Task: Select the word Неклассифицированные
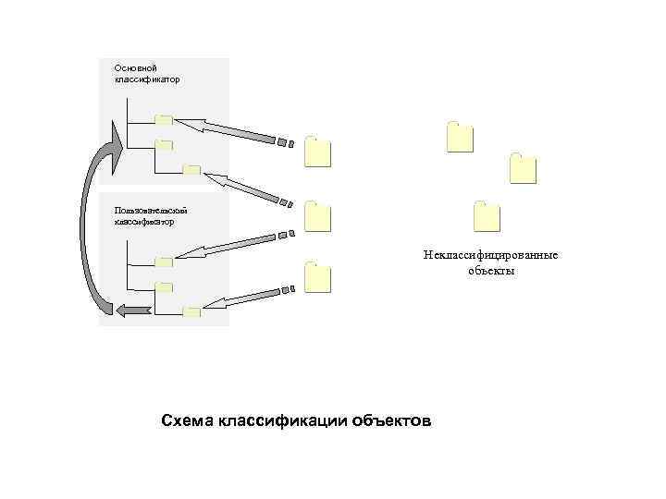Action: click(490, 256)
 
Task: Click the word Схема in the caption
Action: click(188, 421)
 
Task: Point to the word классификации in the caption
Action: click(282, 421)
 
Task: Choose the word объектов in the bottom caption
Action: click(390, 421)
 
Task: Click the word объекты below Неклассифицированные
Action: click(490, 271)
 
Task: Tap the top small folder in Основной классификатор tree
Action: click(164, 119)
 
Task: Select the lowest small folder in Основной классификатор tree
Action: click(191, 170)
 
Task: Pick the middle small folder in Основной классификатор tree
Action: click(164, 144)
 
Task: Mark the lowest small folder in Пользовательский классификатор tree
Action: click(191, 311)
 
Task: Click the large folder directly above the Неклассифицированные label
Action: click(487, 215)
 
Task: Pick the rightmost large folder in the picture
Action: click(523, 168)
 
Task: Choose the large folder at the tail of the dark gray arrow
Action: click(317, 151)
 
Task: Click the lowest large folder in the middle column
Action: click(317, 277)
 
